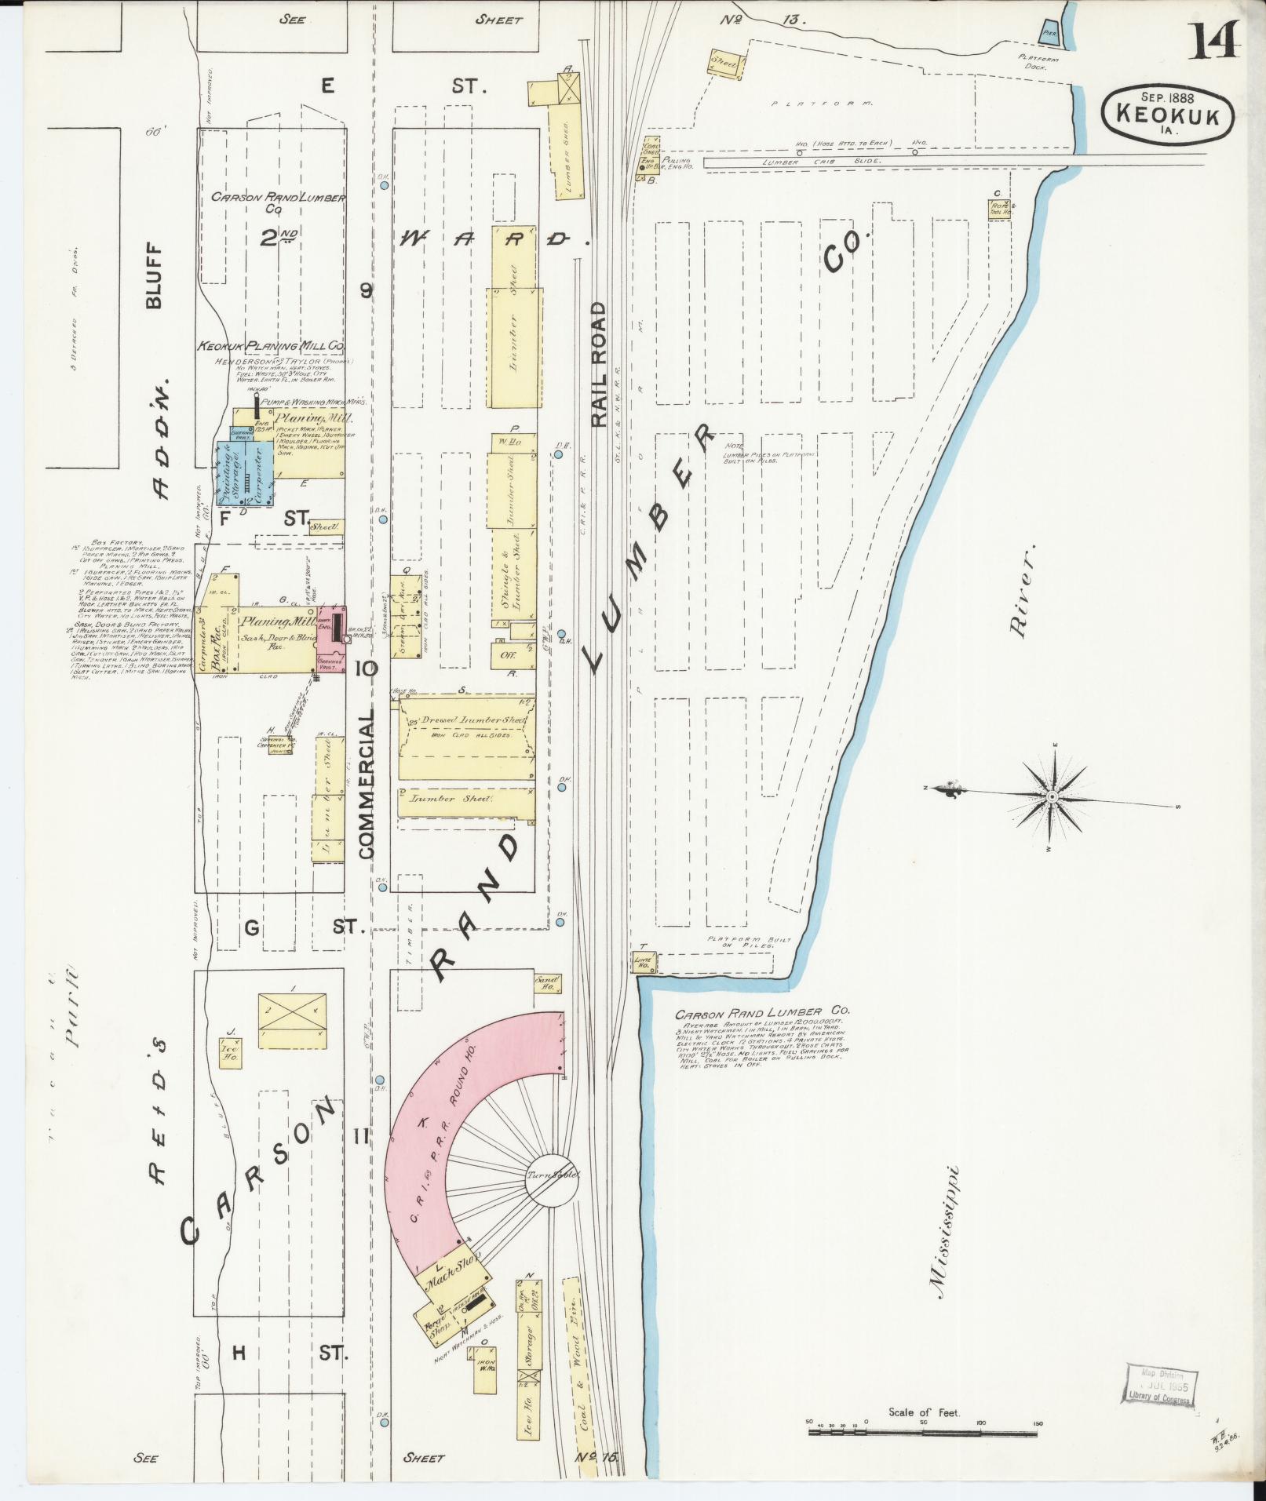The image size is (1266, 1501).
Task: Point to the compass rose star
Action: point(1052,797)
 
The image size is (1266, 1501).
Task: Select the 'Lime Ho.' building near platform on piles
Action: point(644,964)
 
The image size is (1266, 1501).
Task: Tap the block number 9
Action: point(366,291)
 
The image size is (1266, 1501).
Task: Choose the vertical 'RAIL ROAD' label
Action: point(600,364)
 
